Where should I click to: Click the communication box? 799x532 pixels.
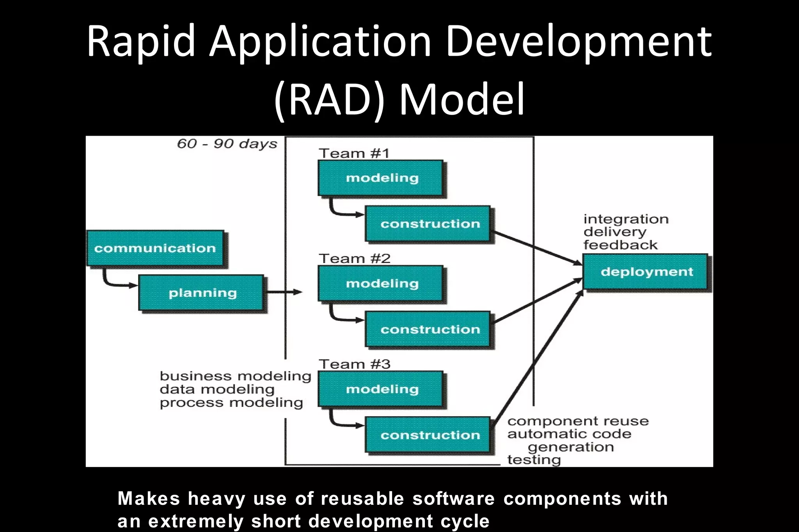pos(155,248)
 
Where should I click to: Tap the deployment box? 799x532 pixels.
pos(646,272)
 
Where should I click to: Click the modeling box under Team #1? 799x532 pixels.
pos(381,178)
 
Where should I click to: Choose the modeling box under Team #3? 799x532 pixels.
pos(381,389)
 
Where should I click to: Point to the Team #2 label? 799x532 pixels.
pos(354,259)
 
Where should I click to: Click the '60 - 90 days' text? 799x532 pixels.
pos(227,144)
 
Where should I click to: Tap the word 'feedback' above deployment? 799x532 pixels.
pos(620,245)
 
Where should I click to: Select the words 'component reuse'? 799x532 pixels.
pos(578,421)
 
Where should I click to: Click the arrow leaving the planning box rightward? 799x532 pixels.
pos(285,292)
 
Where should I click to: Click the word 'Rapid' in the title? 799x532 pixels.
pos(140,41)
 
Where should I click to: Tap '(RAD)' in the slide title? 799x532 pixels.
pos(330,99)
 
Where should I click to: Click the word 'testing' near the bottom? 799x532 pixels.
pos(534,460)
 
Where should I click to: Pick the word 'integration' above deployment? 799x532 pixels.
pos(626,219)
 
